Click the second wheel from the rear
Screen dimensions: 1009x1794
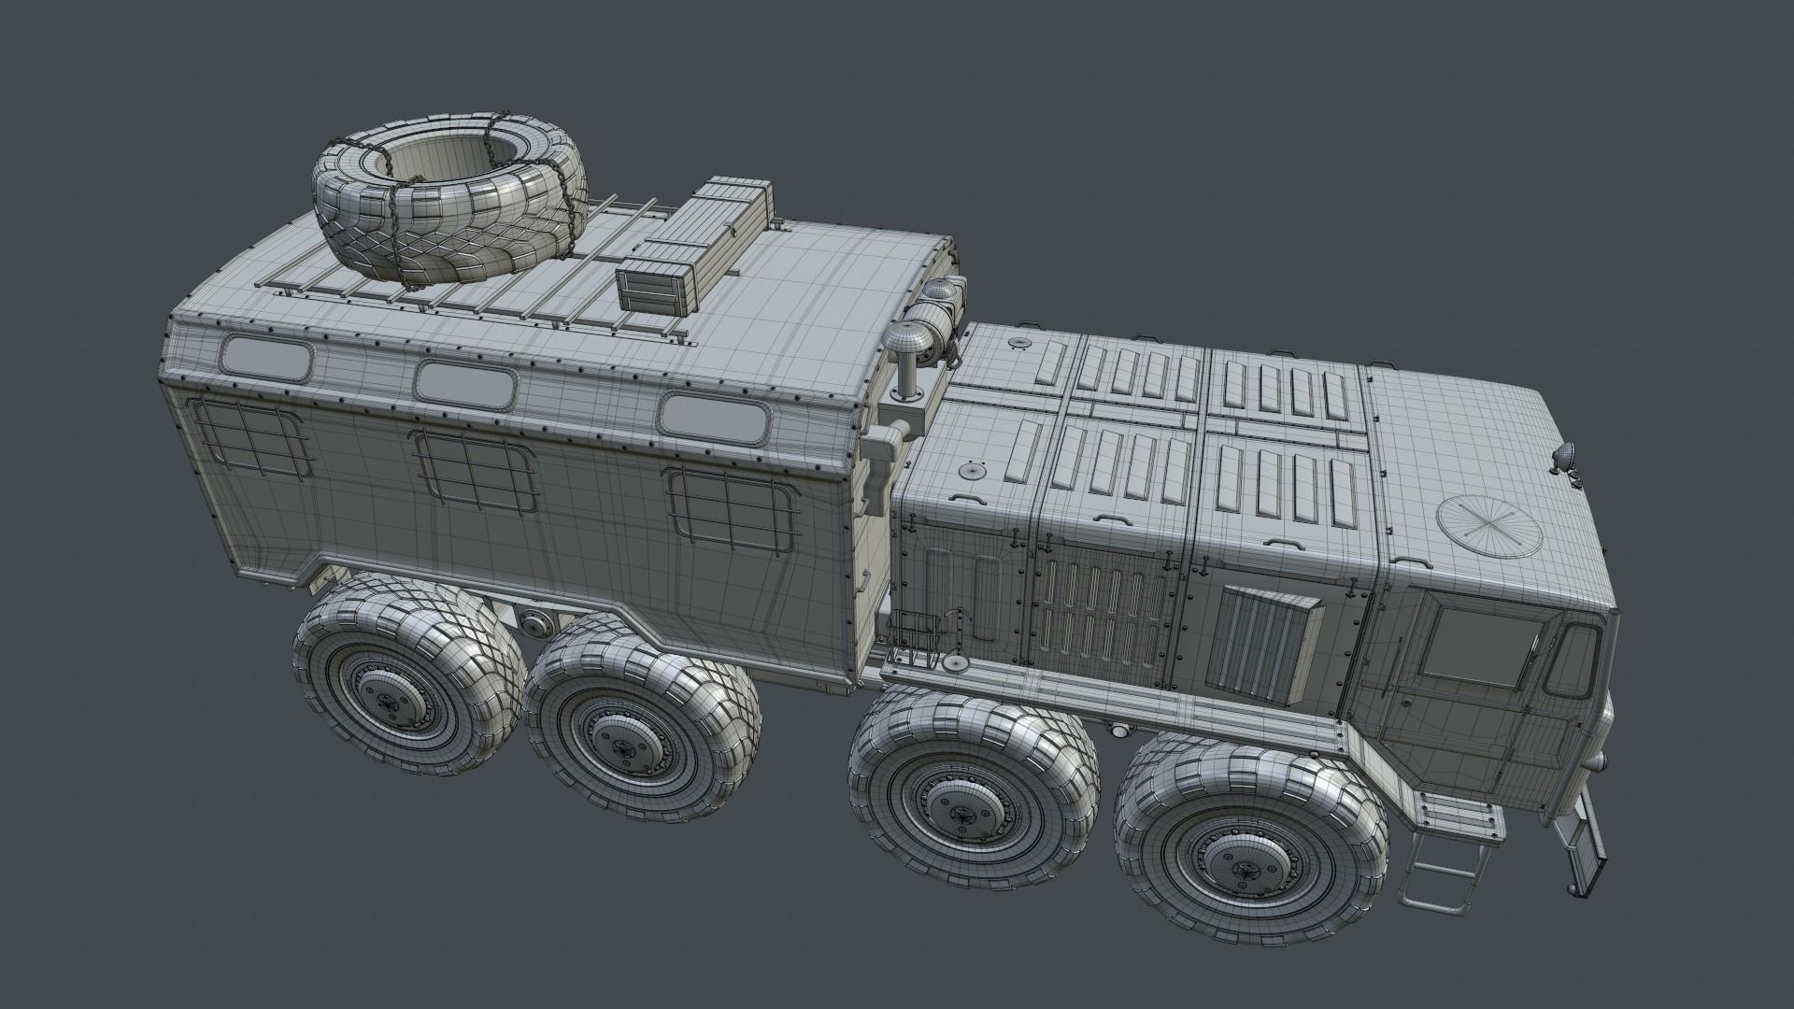[642, 719]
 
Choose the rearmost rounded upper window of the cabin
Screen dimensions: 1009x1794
[267, 358]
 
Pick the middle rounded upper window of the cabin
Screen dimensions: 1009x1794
[467, 382]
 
